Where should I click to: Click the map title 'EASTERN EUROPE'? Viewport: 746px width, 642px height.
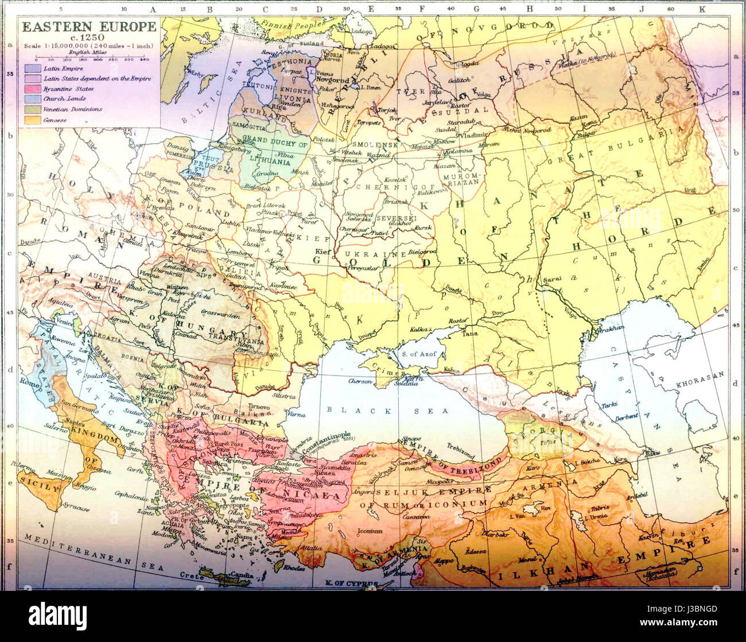89,26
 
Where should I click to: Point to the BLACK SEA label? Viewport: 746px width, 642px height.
367,411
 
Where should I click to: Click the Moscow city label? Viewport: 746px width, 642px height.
443,141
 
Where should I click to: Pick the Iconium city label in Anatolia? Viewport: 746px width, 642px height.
370,531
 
